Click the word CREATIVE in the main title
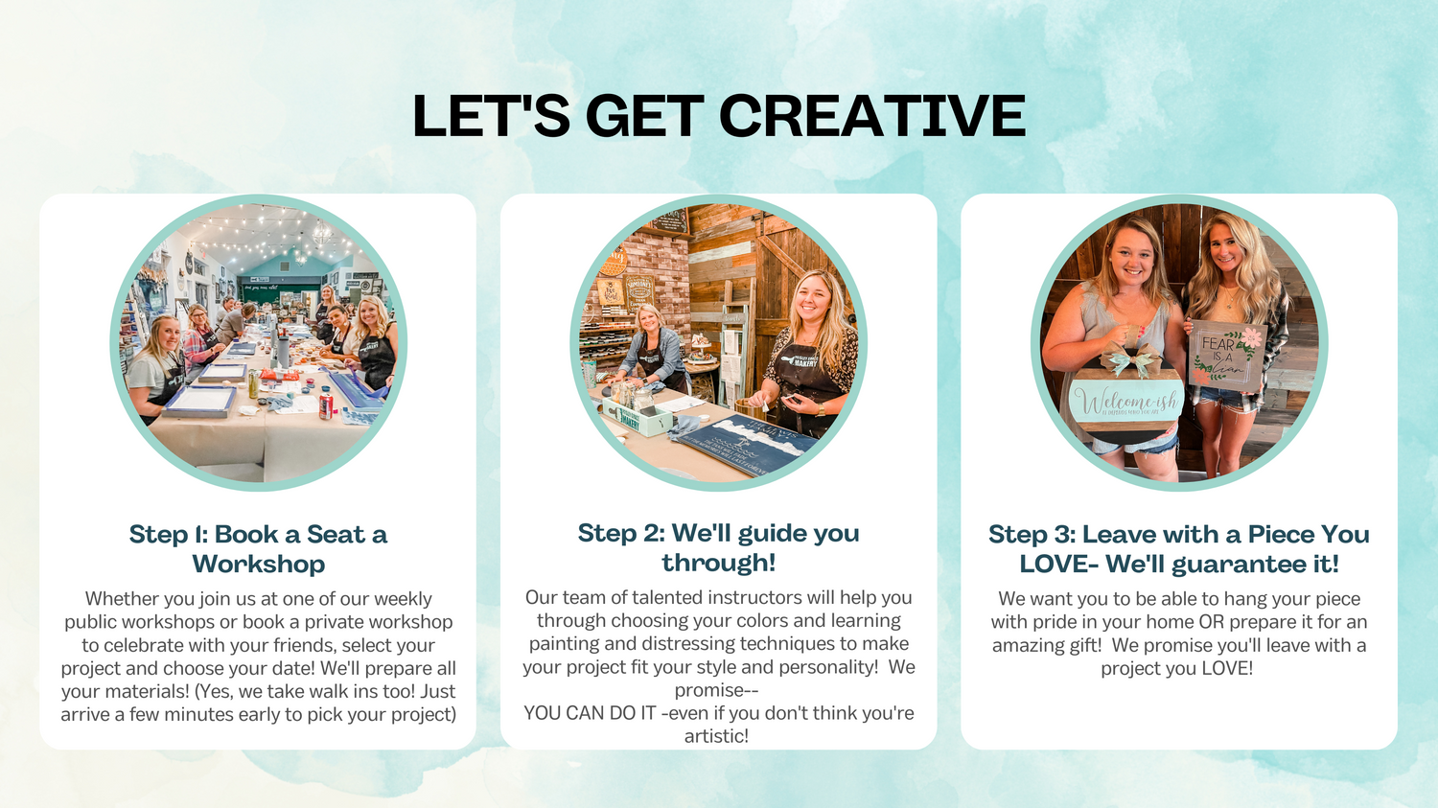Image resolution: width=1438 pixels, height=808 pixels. [871, 116]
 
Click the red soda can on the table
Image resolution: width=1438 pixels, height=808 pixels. [326, 406]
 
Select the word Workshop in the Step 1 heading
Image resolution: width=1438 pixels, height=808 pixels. [259, 565]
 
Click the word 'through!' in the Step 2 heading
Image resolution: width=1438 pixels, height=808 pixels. [719, 563]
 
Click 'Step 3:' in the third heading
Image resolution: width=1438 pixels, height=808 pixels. [1032, 534]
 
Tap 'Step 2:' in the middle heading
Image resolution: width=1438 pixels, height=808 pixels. [621, 533]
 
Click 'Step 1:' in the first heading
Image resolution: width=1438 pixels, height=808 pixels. [168, 534]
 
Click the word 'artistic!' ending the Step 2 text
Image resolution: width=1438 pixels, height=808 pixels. [716, 736]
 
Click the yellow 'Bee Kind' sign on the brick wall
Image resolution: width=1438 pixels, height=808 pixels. [611, 292]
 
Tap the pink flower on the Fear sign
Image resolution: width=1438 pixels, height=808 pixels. [1250, 336]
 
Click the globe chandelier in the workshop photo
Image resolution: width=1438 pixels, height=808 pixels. [321, 232]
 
